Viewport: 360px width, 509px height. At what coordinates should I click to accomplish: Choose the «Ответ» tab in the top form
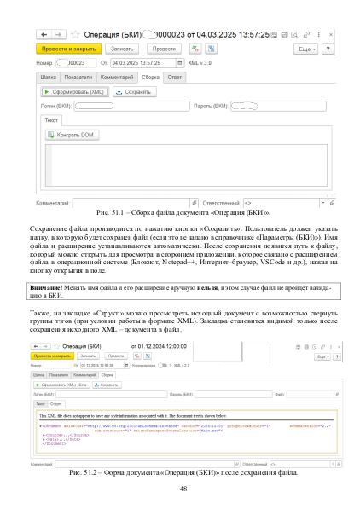click(x=174, y=77)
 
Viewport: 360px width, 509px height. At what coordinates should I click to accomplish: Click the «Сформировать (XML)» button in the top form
click(x=73, y=90)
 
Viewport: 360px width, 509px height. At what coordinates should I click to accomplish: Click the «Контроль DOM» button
click(x=75, y=136)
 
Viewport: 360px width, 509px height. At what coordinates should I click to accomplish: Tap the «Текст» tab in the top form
click(x=52, y=121)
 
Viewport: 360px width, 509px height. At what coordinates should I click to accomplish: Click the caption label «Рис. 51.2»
click(x=95, y=471)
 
